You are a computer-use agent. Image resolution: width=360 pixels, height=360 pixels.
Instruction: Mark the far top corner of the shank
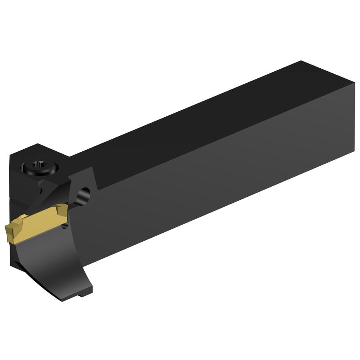[301, 62]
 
